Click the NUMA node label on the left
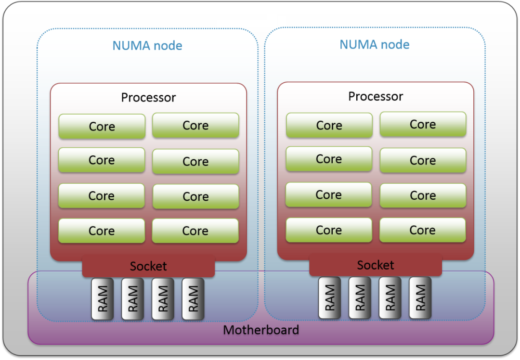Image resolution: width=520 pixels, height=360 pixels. [147, 46]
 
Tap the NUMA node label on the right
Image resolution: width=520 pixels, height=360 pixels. [375, 45]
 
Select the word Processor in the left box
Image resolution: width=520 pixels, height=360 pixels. [148, 97]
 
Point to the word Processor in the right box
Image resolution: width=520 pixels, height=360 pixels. [376, 96]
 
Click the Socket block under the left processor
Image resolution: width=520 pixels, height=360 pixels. [148, 266]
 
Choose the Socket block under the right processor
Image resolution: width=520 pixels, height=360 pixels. [376, 265]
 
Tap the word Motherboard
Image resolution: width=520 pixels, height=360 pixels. [261, 330]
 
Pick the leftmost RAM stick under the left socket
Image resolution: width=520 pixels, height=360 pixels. [103, 299]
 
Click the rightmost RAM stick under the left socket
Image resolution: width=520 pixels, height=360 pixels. [193, 299]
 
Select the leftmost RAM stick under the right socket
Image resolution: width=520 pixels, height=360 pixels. [330, 298]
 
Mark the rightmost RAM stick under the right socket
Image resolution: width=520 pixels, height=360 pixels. [420, 298]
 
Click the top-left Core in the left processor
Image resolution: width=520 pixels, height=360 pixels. [102, 126]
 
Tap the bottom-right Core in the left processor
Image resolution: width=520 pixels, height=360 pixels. [195, 231]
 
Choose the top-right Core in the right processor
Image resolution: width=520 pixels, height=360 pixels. [423, 124]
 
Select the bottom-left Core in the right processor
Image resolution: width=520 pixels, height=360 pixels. [329, 230]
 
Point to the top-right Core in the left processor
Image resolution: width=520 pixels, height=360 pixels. [195, 125]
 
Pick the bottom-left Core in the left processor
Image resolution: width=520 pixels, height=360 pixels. [102, 231]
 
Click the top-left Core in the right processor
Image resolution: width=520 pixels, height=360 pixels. [329, 125]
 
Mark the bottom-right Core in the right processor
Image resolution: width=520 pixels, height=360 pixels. [423, 230]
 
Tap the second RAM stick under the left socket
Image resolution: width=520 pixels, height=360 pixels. [133, 299]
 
